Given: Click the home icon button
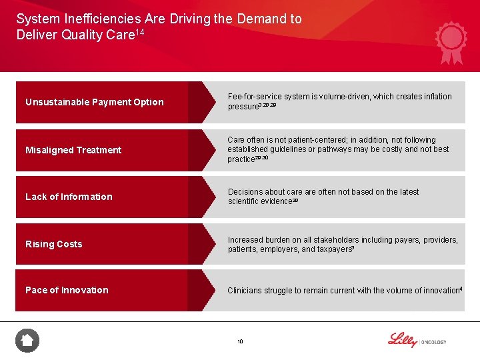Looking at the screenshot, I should pyautogui.click(x=27, y=341).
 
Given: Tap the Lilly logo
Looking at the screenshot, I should pyautogui.click(x=402, y=339).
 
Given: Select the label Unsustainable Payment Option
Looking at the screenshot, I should pyautogui.click(x=94, y=102).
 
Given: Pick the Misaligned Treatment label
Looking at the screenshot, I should pyautogui.click(x=73, y=150).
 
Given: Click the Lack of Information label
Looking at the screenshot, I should pyautogui.click(x=69, y=197).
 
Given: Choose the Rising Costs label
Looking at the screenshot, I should pyautogui.click(x=54, y=244).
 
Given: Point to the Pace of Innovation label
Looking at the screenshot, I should pyautogui.click(x=67, y=290).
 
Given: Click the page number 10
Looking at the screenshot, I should pyautogui.click(x=240, y=342).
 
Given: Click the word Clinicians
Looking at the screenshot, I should pyautogui.click(x=245, y=291).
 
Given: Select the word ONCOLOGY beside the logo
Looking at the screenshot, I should pyautogui.click(x=433, y=343).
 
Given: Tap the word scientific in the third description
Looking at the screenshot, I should pyautogui.click(x=245, y=201).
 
